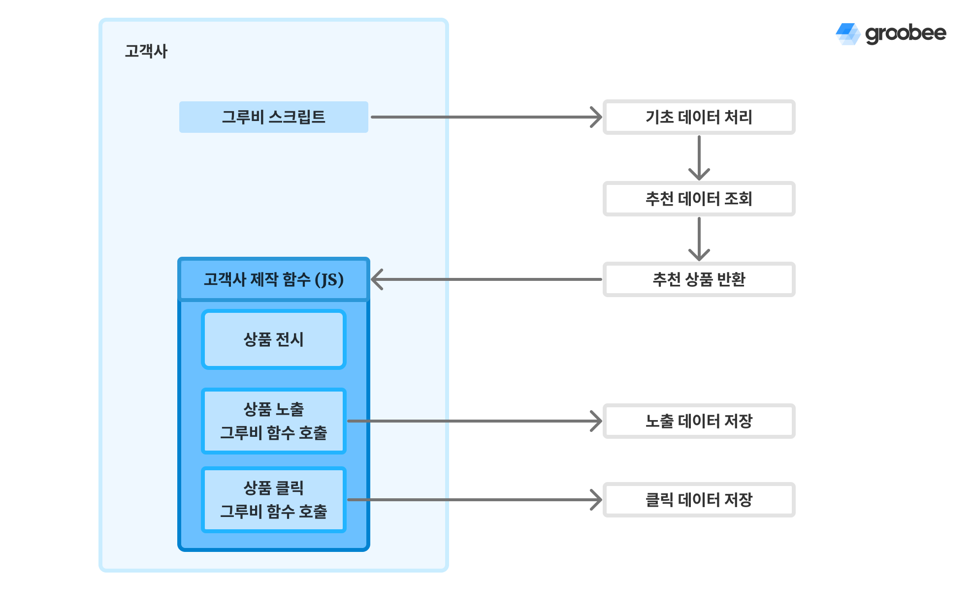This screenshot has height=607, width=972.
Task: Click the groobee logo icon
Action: (x=847, y=34)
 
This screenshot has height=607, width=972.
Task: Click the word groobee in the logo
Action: (x=906, y=33)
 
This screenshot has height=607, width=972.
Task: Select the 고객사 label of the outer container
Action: (x=146, y=51)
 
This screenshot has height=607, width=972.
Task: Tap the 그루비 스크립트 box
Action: (x=273, y=117)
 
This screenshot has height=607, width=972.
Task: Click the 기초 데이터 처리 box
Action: (x=699, y=117)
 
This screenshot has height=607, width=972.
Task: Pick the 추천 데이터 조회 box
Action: (x=699, y=199)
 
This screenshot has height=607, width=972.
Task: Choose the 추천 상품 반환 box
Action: (x=699, y=279)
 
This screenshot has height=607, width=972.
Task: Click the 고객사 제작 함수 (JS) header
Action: (x=273, y=279)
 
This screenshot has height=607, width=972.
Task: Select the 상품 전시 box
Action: (x=273, y=339)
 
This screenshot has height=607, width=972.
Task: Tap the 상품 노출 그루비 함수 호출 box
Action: (x=273, y=421)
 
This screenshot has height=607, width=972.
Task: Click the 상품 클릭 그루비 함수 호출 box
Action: (x=273, y=500)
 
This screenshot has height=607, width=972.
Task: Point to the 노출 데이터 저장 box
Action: (x=699, y=421)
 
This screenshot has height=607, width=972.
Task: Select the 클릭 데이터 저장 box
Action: (x=699, y=500)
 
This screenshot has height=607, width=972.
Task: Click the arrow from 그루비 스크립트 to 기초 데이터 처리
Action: (x=485, y=117)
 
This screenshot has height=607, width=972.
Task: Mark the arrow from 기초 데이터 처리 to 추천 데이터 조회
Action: (x=699, y=157)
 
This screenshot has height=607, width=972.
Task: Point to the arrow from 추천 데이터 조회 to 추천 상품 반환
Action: (x=699, y=239)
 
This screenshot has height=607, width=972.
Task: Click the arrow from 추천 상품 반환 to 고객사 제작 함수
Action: (x=485, y=279)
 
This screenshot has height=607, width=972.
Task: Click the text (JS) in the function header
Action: (x=329, y=280)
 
